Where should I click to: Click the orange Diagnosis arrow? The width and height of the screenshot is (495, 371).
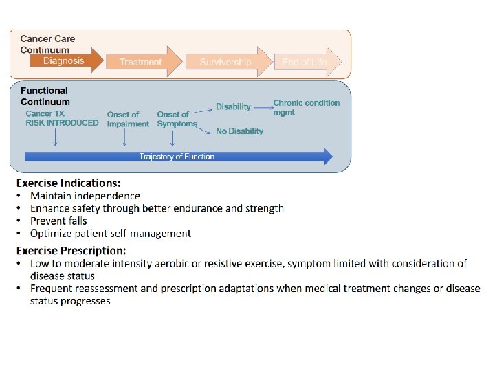coord(65,61)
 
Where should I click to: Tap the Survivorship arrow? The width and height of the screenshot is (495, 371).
coord(226,62)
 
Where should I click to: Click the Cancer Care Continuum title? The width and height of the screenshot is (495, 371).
coord(47,44)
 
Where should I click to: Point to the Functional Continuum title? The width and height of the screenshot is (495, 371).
coord(44,96)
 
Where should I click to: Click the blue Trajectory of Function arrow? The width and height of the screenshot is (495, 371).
coord(177,157)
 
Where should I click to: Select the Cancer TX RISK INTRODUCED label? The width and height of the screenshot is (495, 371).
coord(62,118)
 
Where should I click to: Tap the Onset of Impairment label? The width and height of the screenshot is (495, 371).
coord(128,120)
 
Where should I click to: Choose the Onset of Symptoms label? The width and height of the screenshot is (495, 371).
coord(176,120)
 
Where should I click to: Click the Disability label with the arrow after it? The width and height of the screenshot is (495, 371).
coord(233,106)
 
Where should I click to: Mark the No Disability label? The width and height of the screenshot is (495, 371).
coord(239,131)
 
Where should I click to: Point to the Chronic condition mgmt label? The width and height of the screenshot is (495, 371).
coord(306,107)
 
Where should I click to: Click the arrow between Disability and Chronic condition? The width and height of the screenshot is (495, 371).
coord(263,106)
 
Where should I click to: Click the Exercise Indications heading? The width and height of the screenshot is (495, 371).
coord(68,183)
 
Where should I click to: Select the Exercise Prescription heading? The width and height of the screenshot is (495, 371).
coord(71,251)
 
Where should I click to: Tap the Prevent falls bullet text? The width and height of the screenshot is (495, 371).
coord(58,221)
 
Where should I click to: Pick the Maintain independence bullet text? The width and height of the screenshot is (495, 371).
coord(85,196)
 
